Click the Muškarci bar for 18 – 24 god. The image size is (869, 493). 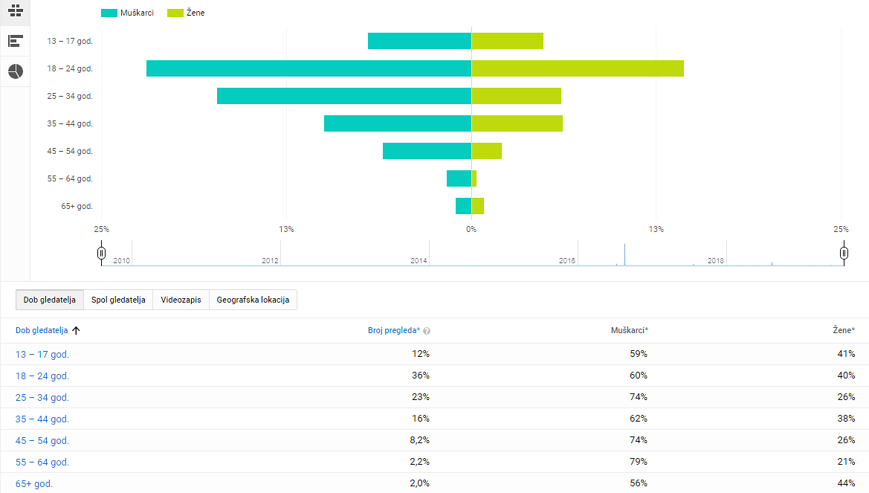308,68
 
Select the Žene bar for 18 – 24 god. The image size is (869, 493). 578,68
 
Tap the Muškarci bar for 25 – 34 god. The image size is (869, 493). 344,96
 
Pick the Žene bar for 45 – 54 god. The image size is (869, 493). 487,151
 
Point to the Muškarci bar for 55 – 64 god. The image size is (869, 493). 459,178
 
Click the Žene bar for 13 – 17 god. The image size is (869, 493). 508,41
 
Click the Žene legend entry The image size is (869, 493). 187,13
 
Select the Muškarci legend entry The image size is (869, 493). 127,13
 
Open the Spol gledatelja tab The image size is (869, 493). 118,300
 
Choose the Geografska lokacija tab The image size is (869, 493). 253,300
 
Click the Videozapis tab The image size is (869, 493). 181,300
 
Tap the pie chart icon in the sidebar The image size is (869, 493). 16,71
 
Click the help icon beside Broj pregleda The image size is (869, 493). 427,331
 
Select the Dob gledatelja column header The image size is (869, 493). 42,331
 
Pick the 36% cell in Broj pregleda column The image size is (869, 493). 420,376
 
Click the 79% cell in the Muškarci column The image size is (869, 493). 638,462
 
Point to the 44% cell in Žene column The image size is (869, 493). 845,483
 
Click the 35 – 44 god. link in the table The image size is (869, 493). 42,419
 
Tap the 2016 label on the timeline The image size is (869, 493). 567,261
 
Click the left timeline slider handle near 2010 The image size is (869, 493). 101,253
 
